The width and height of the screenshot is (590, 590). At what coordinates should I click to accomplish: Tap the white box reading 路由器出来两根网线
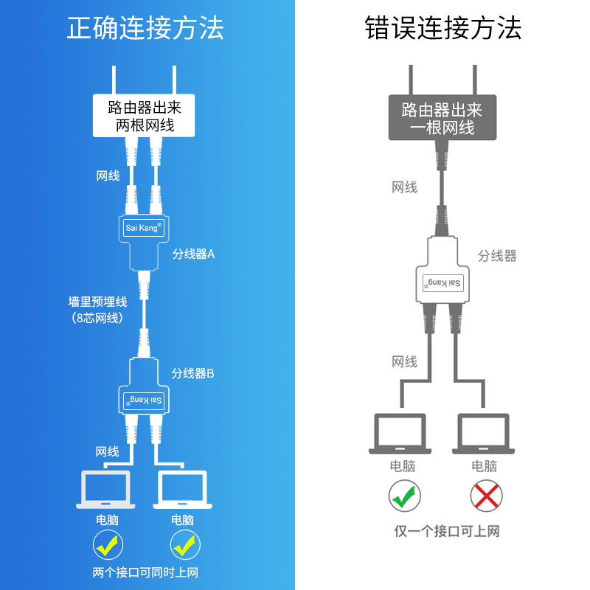[145, 116]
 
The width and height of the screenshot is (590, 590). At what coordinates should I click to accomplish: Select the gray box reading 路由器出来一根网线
[442, 118]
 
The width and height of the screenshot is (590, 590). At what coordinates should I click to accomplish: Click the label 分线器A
[193, 254]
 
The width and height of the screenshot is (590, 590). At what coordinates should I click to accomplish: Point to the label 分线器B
[193, 373]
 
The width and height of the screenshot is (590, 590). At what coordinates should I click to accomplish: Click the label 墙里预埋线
[97, 302]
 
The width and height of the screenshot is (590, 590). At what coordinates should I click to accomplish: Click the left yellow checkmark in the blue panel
[108, 546]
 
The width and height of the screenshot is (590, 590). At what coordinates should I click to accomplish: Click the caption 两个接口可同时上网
[145, 572]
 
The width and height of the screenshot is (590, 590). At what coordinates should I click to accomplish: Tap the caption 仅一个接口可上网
[447, 531]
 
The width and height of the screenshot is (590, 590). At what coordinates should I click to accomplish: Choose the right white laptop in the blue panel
[182, 489]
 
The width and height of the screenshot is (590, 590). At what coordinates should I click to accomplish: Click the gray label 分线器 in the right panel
[497, 256]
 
